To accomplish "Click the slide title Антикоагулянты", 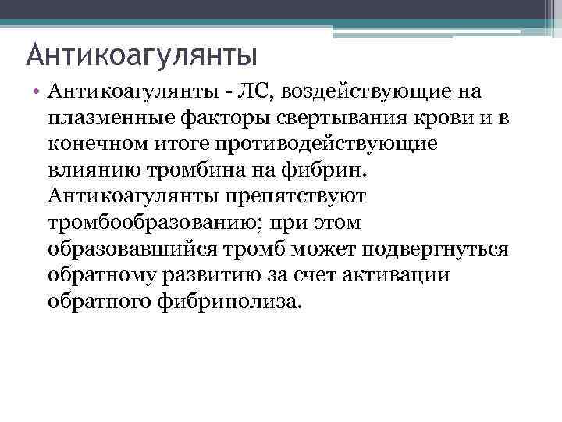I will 141,55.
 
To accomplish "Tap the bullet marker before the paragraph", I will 37,94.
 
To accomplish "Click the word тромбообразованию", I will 148,223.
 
